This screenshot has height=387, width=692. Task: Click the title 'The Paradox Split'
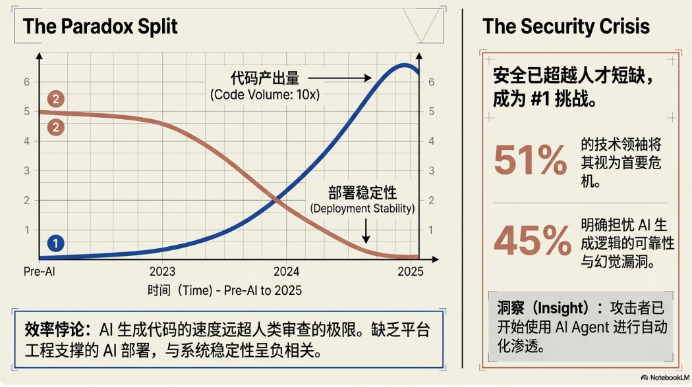pyautogui.click(x=100, y=26)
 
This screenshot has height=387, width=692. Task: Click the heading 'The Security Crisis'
pyautogui.click(x=566, y=26)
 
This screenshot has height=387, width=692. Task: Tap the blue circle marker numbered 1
pyautogui.click(x=55, y=244)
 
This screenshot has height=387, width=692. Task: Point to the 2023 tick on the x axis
pyautogui.click(x=162, y=272)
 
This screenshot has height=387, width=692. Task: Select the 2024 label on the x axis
pyautogui.click(x=286, y=272)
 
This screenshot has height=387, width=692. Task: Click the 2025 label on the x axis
pyautogui.click(x=411, y=272)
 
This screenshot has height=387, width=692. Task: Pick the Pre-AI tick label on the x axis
pyautogui.click(x=40, y=272)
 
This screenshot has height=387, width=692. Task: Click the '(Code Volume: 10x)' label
pyautogui.click(x=265, y=95)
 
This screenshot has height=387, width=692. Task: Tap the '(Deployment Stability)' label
pyautogui.click(x=362, y=208)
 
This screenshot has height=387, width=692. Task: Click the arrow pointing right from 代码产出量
pyautogui.click(x=340, y=78)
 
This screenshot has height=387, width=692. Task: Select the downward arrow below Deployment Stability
pyautogui.click(x=366, y=231)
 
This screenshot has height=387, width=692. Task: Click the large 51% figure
pyautogui.click(x=531, y=159)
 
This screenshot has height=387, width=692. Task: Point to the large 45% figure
pyautogui.click(x=533, y=241)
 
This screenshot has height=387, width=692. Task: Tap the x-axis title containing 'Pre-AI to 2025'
pyautogui.click(x=225, y=290)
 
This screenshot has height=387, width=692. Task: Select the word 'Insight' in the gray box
pyautogui.click(x=561, y=307)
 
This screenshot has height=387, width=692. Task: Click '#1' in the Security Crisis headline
pyautogui.click(x=540, y=99)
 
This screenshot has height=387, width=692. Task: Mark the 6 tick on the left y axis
pyautogui.click(x=27, y=82)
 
